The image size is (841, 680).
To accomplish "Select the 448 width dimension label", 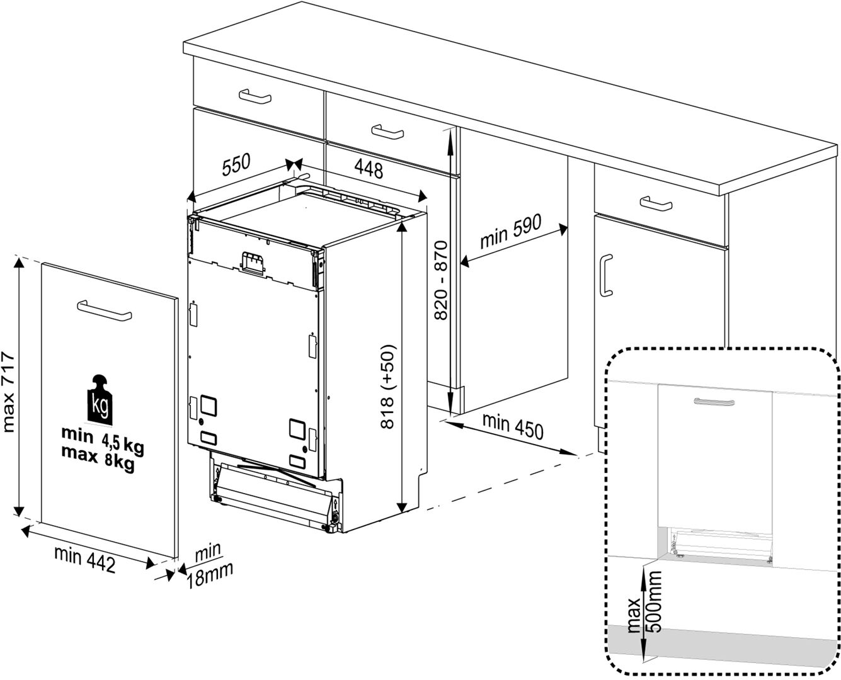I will [x=369, y=168].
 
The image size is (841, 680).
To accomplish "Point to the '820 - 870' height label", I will [x=440, y=280].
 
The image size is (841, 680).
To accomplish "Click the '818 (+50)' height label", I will [x=388, y=387].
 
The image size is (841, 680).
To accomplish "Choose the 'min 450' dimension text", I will [x=512, y=427].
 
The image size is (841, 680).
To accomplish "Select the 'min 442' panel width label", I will [x=84, y=559].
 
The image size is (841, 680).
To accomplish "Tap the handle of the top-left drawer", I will [x=255, y=97].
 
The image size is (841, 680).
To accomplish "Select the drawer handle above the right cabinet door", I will [x=656, y=203].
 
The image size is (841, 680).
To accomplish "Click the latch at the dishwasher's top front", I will [x=253, y=263].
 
